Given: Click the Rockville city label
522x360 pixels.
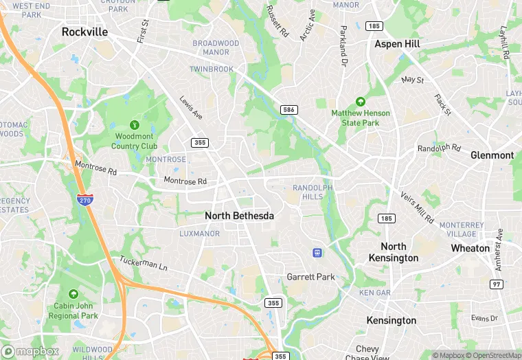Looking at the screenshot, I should [x=84, y=32].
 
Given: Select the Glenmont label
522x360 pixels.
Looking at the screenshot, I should [x=492, y=155].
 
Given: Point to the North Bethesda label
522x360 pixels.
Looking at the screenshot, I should [x=239, y=216].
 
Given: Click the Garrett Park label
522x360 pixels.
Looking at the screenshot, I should [x=310, y=277].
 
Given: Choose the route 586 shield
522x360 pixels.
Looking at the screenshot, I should [x=288, y=110].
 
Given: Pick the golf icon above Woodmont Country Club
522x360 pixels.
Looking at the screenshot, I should [x=135, y=126].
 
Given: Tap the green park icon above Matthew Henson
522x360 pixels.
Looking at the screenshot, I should [x=361, y=101].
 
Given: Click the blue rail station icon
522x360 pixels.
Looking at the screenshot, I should [x=317, y=253].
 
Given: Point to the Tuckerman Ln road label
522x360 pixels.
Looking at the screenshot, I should [x=144, y=264].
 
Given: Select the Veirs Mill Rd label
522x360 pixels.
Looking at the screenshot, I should [x=418, y=207].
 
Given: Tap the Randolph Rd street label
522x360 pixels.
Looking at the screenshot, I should [x=438, y=148].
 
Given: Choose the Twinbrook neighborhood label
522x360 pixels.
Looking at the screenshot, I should [x=212, y=69].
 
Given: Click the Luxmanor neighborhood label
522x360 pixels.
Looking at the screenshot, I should [x=199, y=234].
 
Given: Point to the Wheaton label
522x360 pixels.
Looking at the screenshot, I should [x=470, y=248].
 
